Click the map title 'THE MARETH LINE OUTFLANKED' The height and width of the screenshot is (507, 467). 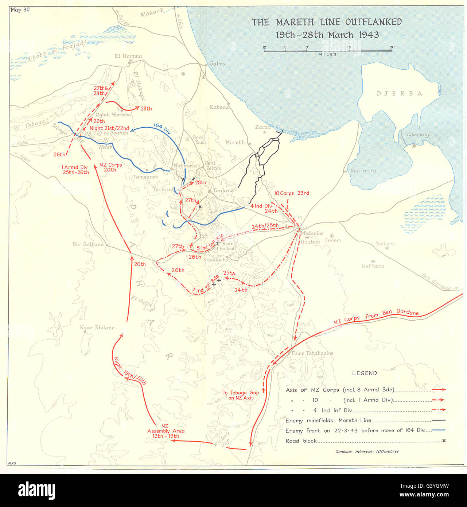[327, 22]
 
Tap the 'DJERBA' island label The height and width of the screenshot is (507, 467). [400, 93]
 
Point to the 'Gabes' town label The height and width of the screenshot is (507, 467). [217, 63]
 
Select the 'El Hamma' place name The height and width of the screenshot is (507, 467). [128, 56]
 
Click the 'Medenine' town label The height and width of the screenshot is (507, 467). [312, 233]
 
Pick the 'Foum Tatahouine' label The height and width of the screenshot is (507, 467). [312, 353]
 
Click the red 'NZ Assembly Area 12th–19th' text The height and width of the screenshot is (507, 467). [166, 431]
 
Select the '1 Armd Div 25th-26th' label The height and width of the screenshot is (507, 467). [76, 170]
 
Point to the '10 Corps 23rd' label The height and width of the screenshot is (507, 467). [291, 193]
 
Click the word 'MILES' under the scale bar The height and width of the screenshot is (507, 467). [328, 54]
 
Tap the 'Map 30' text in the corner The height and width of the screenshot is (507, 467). [20, 10]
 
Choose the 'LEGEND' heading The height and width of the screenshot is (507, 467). [364, 373]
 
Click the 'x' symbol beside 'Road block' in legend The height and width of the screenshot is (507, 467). [444, 441]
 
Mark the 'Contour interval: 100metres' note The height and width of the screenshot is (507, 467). [367, 451]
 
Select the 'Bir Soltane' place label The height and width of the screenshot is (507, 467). [88, 244]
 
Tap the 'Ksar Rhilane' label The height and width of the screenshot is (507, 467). [97, 328]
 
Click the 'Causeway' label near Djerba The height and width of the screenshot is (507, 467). [418, 135]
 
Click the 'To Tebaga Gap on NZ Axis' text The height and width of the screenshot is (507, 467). [241, 395]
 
